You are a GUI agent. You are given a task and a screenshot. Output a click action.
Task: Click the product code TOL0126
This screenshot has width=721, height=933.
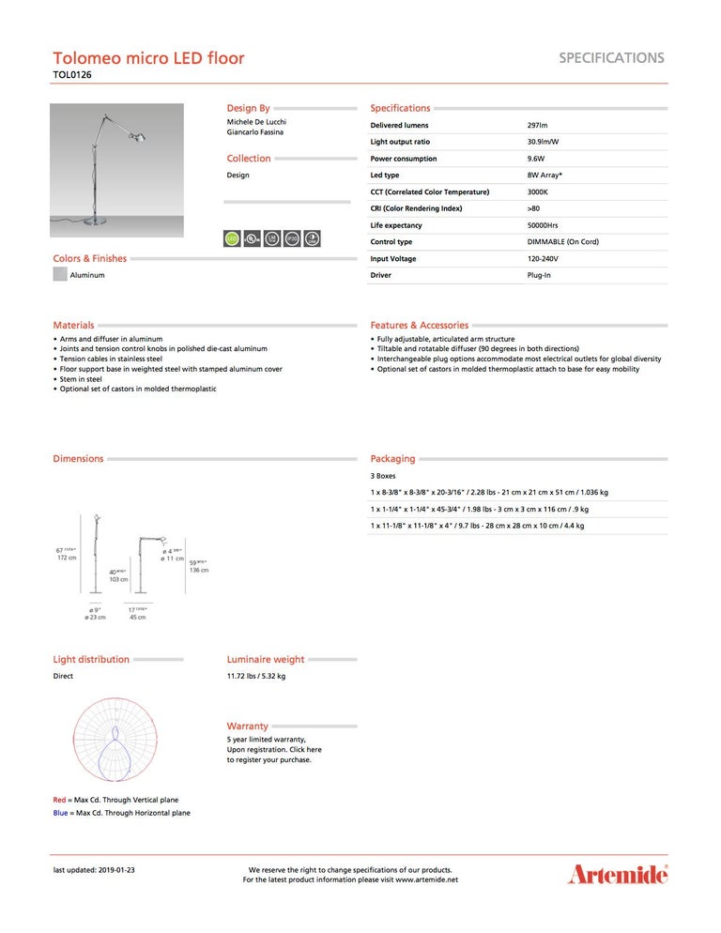[x=72, y=74]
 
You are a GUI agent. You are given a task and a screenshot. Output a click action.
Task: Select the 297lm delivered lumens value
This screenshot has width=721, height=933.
[x=538, y=125]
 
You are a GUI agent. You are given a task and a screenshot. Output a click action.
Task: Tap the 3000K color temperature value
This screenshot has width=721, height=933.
[x=538, y=191]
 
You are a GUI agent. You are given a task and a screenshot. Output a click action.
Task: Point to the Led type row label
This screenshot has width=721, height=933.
[x=385, y=175]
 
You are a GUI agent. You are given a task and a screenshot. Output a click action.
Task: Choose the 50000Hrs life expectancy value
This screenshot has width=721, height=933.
[x=543, y=225]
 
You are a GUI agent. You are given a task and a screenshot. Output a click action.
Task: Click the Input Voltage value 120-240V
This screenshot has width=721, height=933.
[x=543, y=258]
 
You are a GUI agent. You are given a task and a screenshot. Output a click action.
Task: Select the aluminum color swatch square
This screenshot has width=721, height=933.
[x=60, y=275]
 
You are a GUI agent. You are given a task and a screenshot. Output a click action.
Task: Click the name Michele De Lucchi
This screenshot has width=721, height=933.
[x=256, y=122]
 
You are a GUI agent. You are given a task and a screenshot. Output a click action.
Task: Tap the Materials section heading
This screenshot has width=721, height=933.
[x=73, y=325]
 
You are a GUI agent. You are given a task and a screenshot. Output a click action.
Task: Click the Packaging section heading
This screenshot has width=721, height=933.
[x=392, y=459]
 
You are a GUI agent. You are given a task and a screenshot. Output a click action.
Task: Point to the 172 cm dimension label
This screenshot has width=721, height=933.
[x=67, y=558]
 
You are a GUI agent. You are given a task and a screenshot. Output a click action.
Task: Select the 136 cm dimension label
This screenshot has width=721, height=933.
[x=199, y=570]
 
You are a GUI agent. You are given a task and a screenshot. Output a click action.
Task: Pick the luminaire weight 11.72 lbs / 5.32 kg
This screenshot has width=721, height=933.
[x=256, y=676]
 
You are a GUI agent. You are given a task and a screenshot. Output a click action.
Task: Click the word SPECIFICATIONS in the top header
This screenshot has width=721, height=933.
[x=611, y=57]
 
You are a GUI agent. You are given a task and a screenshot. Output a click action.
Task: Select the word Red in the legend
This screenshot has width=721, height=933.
[x=59, y=800]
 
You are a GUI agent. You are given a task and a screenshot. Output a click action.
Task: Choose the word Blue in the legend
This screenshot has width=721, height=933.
[x=60, y=813]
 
